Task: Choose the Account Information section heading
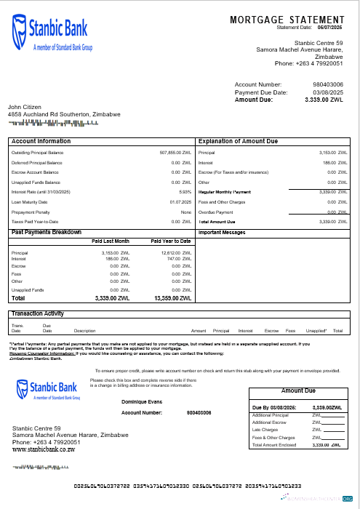point(41,141)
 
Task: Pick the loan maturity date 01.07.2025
point(180,201)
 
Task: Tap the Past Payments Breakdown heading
point(47,232)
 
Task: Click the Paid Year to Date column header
point(171,241)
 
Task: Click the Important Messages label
point(222,233)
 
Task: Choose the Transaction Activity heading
point(38,313)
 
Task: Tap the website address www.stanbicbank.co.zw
point(44,450)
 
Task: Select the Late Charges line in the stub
point(263,430)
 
